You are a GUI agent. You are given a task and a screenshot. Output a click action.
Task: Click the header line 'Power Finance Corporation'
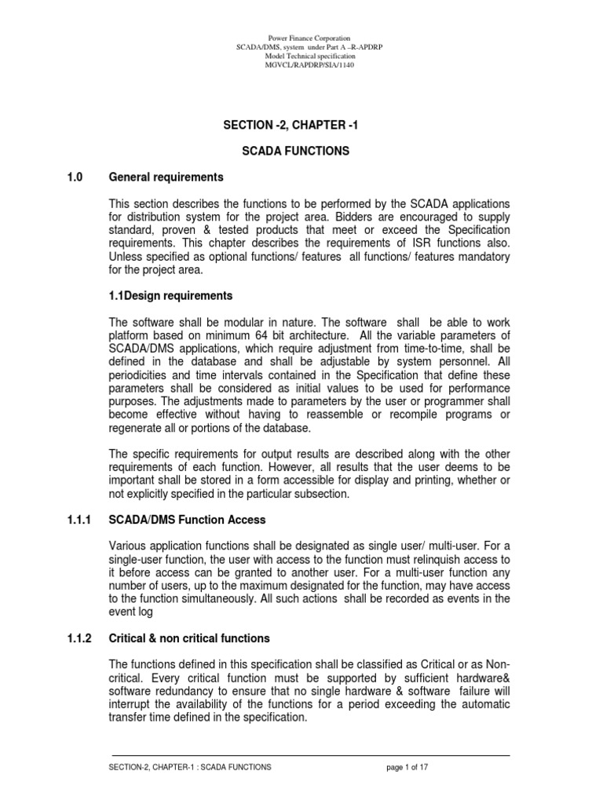[x=309, y=38]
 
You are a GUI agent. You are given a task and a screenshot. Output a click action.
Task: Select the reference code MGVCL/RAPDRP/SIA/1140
[x=309, y=66]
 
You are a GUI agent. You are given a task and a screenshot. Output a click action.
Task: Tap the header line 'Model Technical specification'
[x=309, y=57]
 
